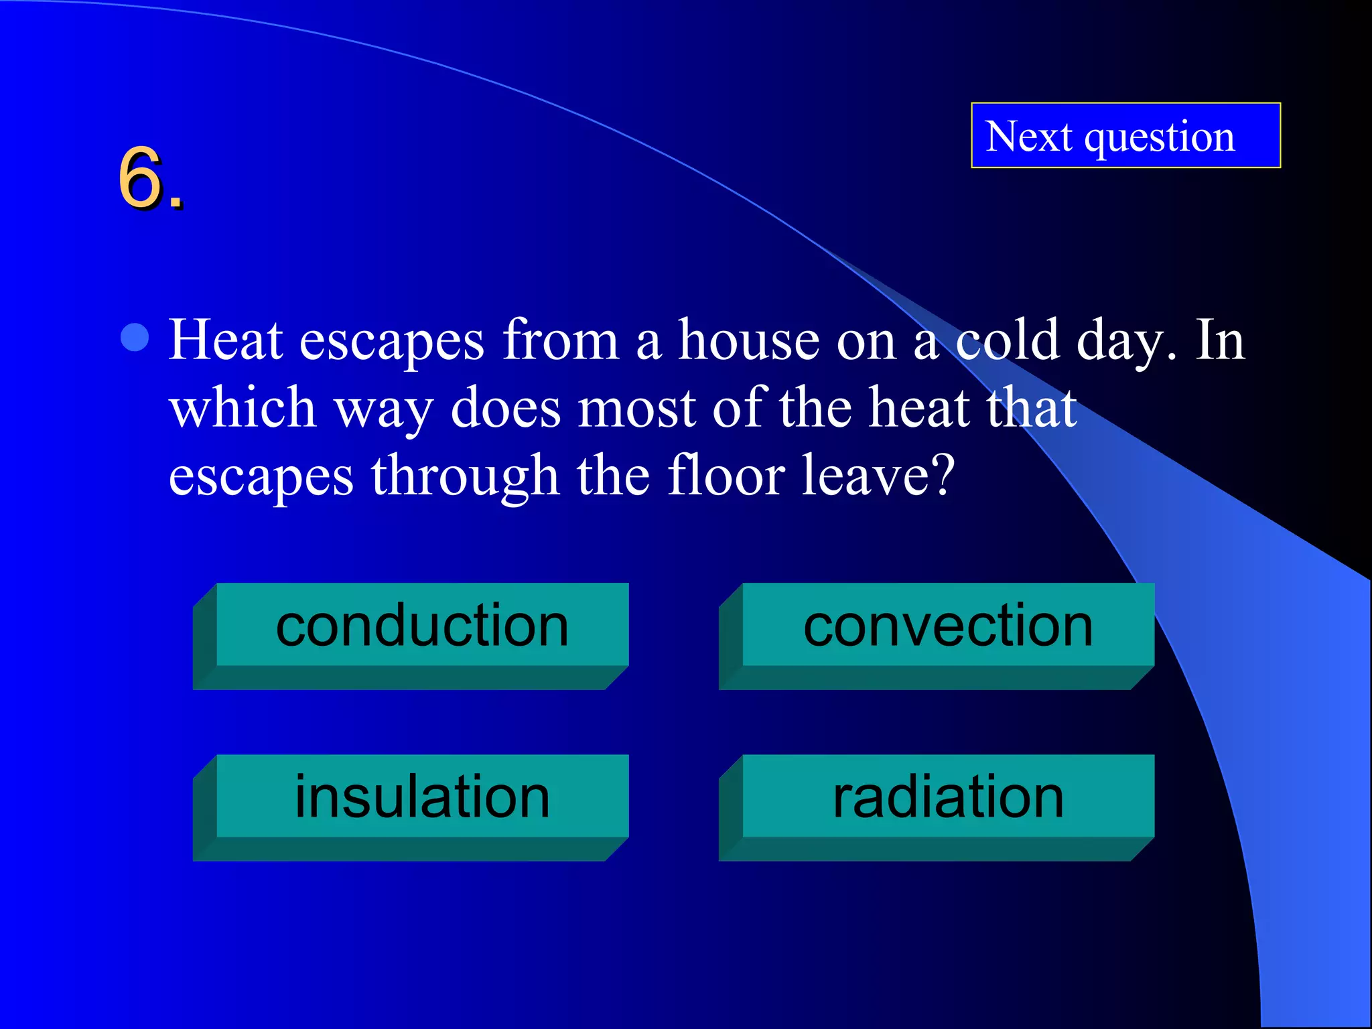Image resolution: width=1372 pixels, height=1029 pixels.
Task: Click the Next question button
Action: coord(1125,135)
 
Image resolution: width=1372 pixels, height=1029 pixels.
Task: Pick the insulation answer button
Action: coord(422,797)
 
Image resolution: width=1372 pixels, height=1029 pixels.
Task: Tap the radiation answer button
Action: coord(948,797)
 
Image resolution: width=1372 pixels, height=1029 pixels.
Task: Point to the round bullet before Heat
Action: coord(135,338)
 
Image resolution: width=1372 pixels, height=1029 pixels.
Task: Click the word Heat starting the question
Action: coord(225,340)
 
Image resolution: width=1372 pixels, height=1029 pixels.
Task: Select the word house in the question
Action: coord(749,340)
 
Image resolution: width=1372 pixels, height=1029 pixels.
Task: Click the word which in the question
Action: coord(243,408)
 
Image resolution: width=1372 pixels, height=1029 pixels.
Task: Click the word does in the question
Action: coord(506,408)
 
